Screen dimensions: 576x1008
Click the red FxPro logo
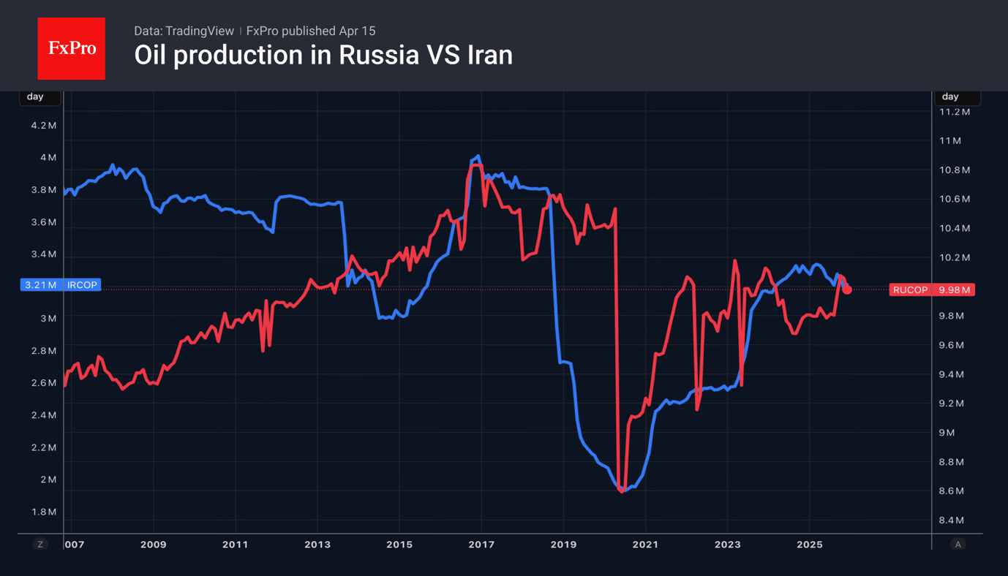(x=71, y=48)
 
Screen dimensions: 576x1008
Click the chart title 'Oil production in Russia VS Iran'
(x=323, y=56)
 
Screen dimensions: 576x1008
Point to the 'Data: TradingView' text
(x=184, y=31)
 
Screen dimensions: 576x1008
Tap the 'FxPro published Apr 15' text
(x=311, y=31)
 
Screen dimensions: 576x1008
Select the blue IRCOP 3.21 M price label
(x=61, y=285)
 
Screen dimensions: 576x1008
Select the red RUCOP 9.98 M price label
(x=931, y=290)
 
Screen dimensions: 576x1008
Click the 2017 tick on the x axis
(x=481, y=545)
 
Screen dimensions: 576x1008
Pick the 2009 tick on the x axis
(x=153, y=545)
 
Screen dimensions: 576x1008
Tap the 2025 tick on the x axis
(x=809, y=545)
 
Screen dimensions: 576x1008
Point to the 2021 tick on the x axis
(x=645, y=545)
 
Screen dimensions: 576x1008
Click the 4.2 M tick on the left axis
(x=43, y=126)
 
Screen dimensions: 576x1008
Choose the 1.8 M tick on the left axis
(x=43, y=512)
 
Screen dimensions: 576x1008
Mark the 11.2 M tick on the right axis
(x=955, y=112)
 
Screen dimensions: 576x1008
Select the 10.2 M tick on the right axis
(x=955, y=257)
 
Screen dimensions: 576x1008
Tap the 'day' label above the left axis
(x=35, y=96)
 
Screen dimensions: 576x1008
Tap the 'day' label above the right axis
(x=950, y=96)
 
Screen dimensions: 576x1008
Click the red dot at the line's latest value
(x=847, y=290)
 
